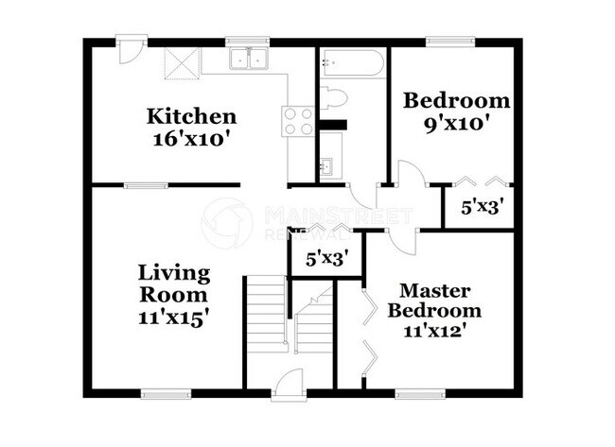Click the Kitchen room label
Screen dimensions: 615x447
[x=191, y=116]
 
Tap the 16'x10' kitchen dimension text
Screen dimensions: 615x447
[x=190, y=139]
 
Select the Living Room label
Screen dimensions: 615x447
[x=174, y=284]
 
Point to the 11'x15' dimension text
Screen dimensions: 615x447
[x=172, y=318]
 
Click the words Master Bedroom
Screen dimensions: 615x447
[x=434, y=301]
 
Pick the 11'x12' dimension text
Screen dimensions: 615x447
[x=434, y=332]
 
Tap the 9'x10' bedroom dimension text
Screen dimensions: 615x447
[x=457, y=125]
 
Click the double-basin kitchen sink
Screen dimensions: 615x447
[x=249, y=60]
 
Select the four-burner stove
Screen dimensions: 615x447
[x=297, y=122]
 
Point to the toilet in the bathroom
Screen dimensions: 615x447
[x=333, y=96]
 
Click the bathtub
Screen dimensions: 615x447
[x=352, y=61]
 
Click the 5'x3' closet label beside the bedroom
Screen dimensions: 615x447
[x=482, y=206]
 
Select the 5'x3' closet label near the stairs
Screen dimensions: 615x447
[x=327, y=259]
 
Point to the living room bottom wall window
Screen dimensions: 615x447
[x=167, y=394]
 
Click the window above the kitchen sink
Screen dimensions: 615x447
[x=248, y=42]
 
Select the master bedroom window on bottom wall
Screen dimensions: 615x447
[x=420, y=394]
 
